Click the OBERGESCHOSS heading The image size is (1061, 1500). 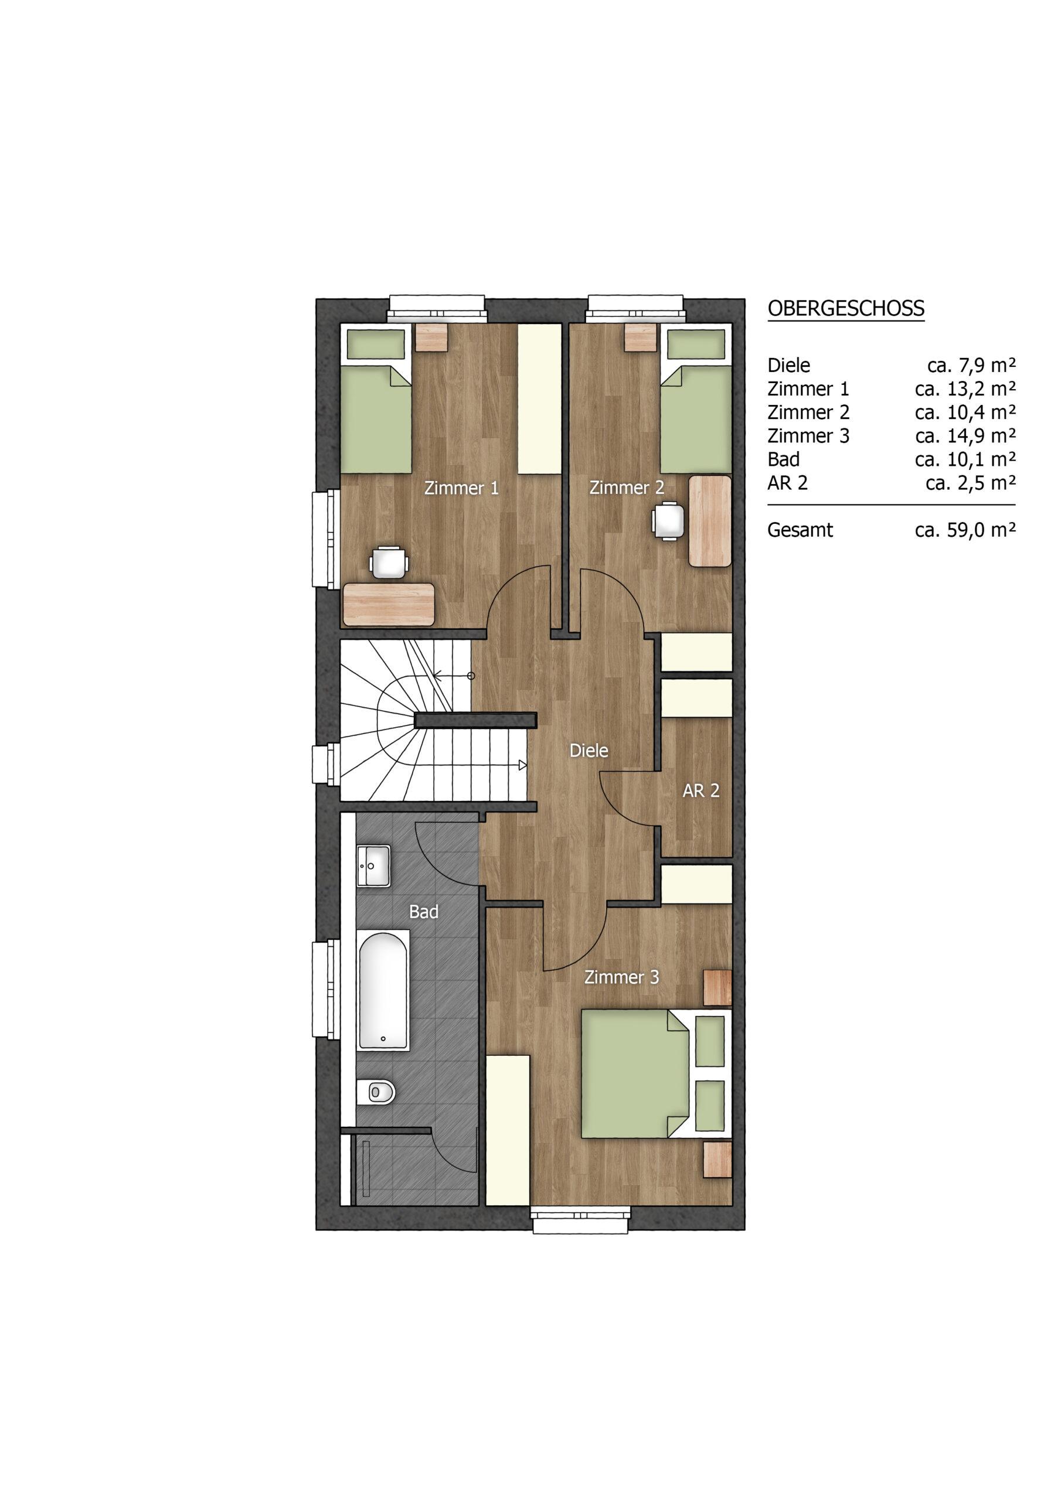pyautogui.click(x=846, y=308)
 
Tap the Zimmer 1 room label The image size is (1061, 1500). pyautogui.click(x=461, y=488)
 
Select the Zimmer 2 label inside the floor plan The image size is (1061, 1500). pyautogui.click(x=627, y=487)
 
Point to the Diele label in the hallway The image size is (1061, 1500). pyautogui.click(x=589, y=751)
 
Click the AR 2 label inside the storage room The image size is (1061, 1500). pyautogui.click(x=701, y=790)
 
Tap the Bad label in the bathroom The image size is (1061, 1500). pyautogui.click(x=424, y=912)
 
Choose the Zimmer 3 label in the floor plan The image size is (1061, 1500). pyautogui.click(x=622, y=977)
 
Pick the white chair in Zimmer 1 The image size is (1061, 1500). pyautogui.click(x=389, y=562)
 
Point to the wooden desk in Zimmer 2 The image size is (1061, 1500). pyautogui.click(x=710, y=521)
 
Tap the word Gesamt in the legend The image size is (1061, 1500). pyautogui.click(x=800, y=530)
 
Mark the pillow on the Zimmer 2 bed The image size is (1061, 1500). pyautogui.click(x=696, y=345)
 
